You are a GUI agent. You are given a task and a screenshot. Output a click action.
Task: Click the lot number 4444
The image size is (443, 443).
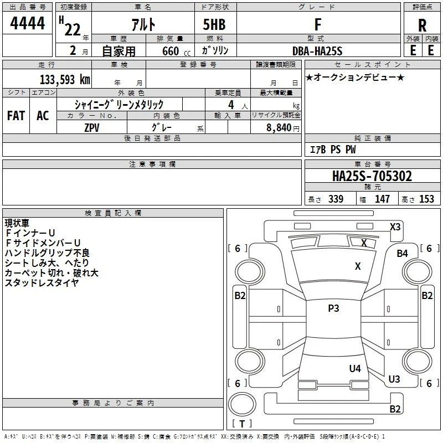[27, 23]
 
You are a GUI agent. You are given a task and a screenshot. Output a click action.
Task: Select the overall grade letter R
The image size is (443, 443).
[422, 25]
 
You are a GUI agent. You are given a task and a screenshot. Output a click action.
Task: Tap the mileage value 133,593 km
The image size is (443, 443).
[65, 80]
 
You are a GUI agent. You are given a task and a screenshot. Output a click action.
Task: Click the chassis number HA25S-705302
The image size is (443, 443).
[372, 176]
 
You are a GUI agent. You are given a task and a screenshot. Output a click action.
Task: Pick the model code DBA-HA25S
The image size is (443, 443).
[317, 51]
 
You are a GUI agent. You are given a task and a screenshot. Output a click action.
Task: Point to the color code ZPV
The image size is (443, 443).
[92, 128]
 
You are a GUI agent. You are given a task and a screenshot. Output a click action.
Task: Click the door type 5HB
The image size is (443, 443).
[214, 24]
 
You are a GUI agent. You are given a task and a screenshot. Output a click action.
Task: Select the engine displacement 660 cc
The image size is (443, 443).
[176, 51]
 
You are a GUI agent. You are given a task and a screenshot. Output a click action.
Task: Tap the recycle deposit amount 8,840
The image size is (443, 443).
[279, 127]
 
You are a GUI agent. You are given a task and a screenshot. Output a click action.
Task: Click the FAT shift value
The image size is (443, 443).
[16, 116]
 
